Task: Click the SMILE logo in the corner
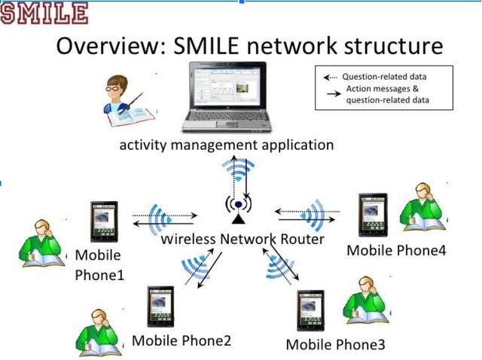pos(44,13)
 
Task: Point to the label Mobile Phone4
pos(396,250)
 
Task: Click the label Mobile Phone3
pos(335,344)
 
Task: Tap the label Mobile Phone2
pos(182,340)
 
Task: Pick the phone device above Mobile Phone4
pos(373,213)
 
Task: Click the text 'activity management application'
pos(226,144)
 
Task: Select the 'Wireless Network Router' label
pos(243,239)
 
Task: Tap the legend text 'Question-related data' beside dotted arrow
pos(386,77)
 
